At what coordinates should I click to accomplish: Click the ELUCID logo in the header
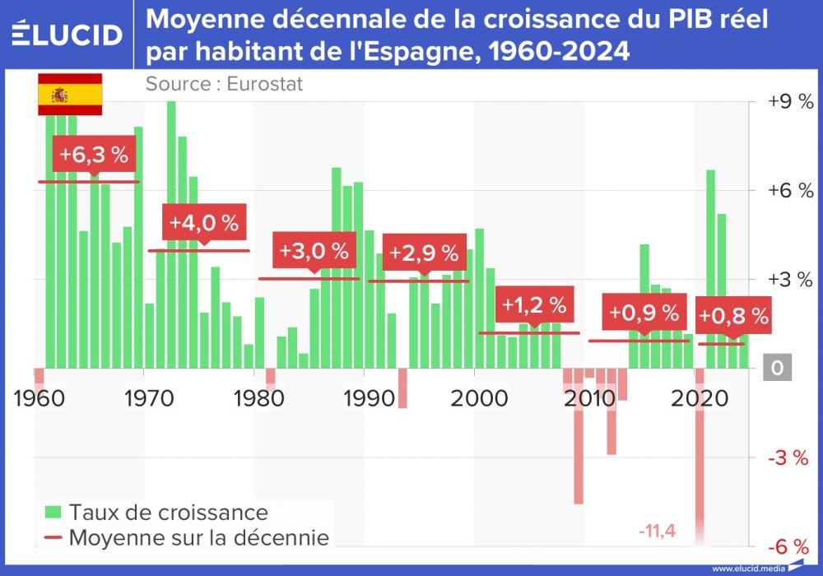pos(67,35)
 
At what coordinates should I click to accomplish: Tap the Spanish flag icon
pos(70,95)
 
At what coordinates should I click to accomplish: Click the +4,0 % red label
pos(203,223)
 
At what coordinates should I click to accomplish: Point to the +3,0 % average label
pos(314,251)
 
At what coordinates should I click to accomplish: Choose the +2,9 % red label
pos(424,252)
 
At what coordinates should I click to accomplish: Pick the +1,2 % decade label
pos(534,306)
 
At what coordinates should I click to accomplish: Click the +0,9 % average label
pos(644,314)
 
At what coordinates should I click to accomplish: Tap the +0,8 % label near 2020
pos(733,315)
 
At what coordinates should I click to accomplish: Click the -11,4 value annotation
pos(657,531)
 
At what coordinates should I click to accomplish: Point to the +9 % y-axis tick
pos(789,102)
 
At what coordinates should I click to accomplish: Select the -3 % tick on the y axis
pos(790,458)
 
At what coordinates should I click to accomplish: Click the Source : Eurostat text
pos(224,83)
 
